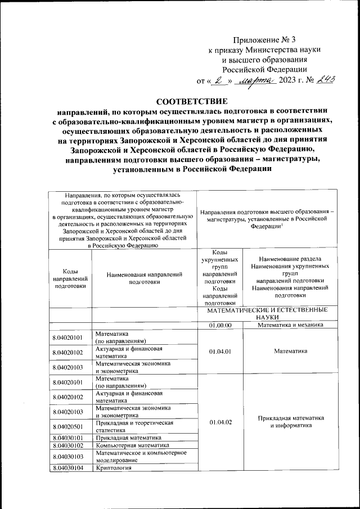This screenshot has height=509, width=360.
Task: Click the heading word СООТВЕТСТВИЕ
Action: click(x=192, y=102)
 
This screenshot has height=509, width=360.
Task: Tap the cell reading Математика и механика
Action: click(x=290, y=325)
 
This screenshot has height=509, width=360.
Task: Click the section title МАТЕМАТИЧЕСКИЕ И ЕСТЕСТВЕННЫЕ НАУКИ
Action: click(x=266, y=314)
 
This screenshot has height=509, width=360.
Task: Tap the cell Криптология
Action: click(x=113, y=467)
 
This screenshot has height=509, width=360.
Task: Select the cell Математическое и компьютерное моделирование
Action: click(x=141, y=456)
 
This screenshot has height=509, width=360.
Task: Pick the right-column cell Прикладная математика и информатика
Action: click(x=290, y=422)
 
